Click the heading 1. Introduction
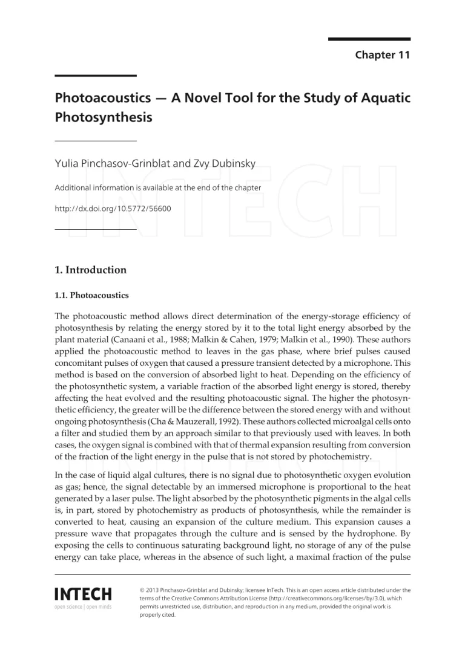pyautogui.click(x=90, y=270)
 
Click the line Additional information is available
pyautogui.click(x=157, y=187)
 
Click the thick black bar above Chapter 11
pyautogui.click(x=369, y=39)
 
